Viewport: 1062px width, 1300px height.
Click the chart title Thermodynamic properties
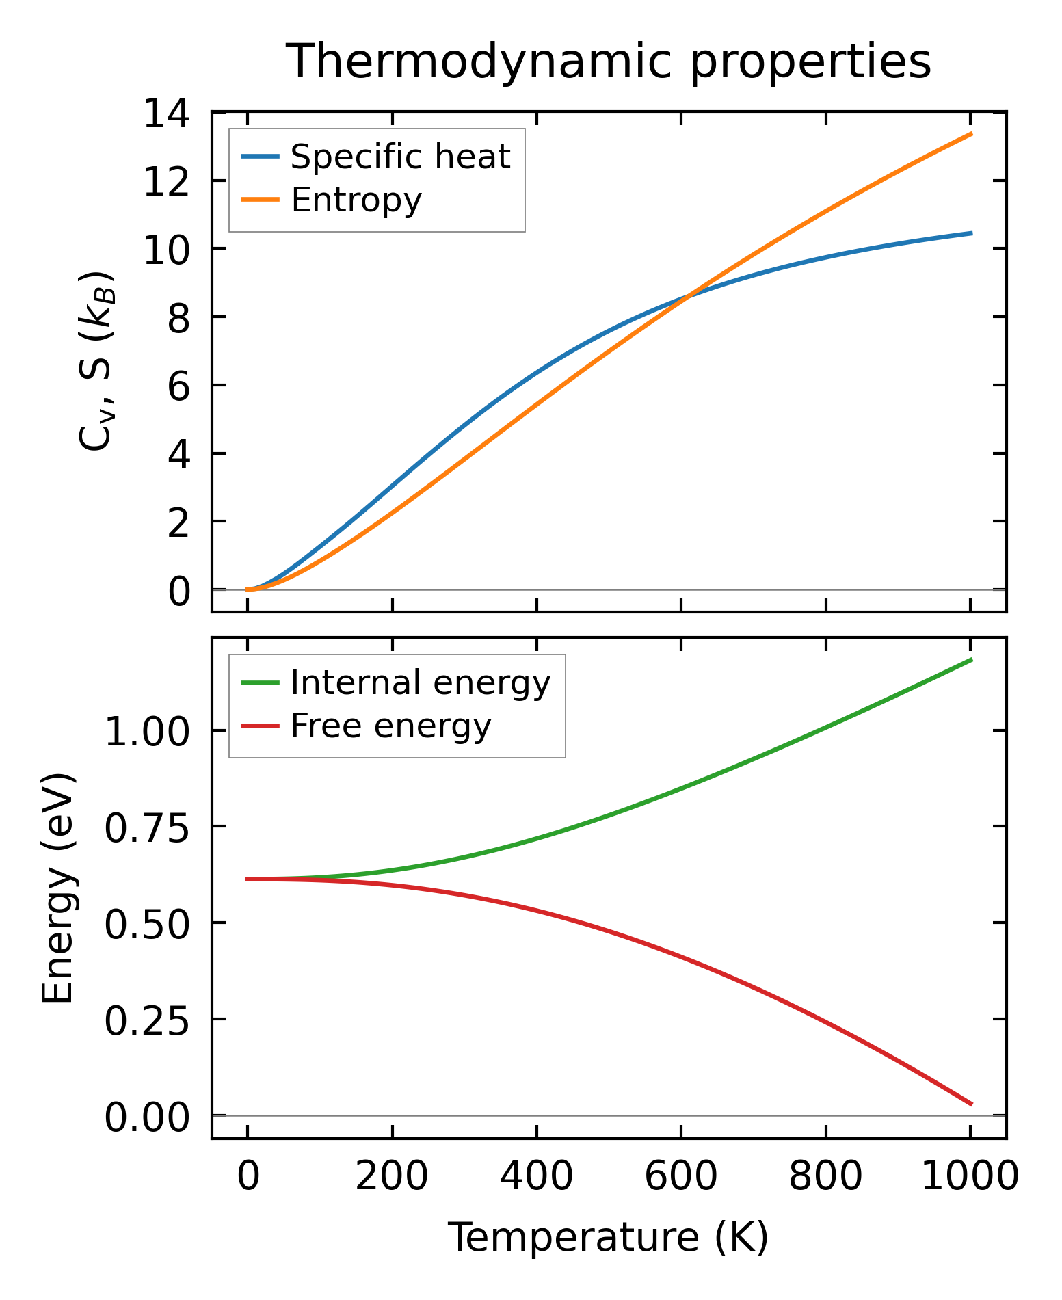(608, 62)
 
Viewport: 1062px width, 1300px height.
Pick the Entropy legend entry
(356, 200)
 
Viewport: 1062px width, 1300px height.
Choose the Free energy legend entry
(390, 726)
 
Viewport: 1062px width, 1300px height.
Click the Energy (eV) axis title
(57, 888)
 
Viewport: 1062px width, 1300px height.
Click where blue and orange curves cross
(687, 295)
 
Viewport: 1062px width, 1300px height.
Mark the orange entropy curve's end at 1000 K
(971, 134)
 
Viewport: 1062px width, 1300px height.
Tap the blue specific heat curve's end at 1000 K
(971, 233)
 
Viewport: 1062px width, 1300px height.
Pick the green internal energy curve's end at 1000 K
(971, 660)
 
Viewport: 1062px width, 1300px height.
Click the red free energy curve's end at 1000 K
(971, 1104)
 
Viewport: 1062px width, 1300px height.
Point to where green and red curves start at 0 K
(248, 879)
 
